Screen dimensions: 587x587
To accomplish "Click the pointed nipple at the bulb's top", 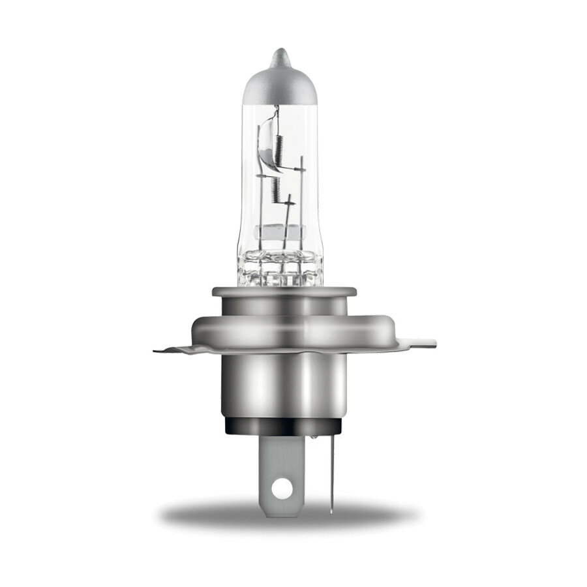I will coord(279,55).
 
